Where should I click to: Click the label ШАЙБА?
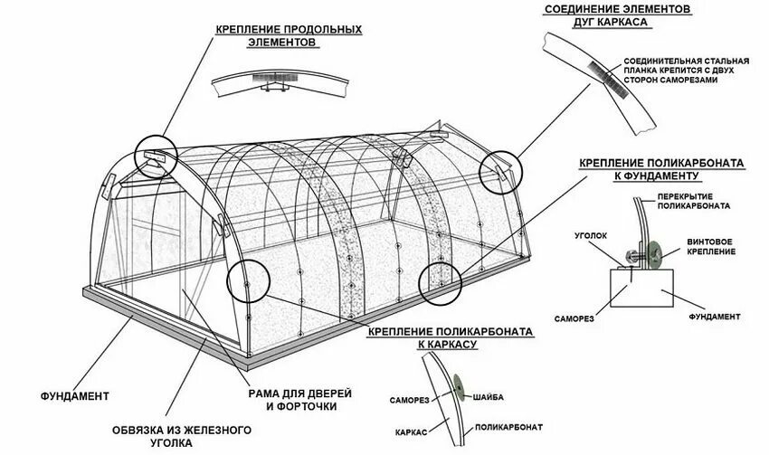coord(489,396)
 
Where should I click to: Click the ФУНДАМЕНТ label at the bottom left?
coord(75,395)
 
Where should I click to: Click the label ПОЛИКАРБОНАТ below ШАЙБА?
coord(510,425)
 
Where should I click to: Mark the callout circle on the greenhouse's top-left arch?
coord(155,156)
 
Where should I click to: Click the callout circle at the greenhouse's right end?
coord(499,171)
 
